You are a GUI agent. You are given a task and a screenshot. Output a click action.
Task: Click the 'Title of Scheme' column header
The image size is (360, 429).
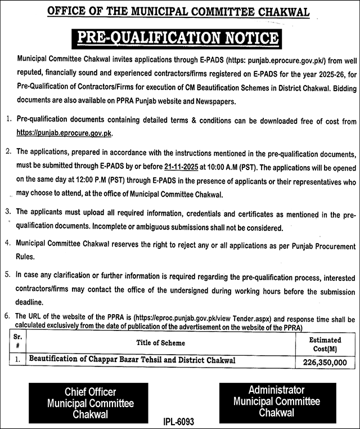coord(160,343)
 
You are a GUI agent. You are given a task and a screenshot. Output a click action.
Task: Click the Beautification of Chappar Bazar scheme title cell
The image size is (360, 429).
coord(132,360)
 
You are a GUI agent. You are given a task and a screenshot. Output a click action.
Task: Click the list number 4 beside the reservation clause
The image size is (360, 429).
coord(7,245)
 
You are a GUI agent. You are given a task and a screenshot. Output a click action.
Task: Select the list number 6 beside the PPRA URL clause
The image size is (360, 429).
coord(7,316)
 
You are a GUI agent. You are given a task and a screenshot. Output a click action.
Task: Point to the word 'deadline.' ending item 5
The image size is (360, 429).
coord(31,303)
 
